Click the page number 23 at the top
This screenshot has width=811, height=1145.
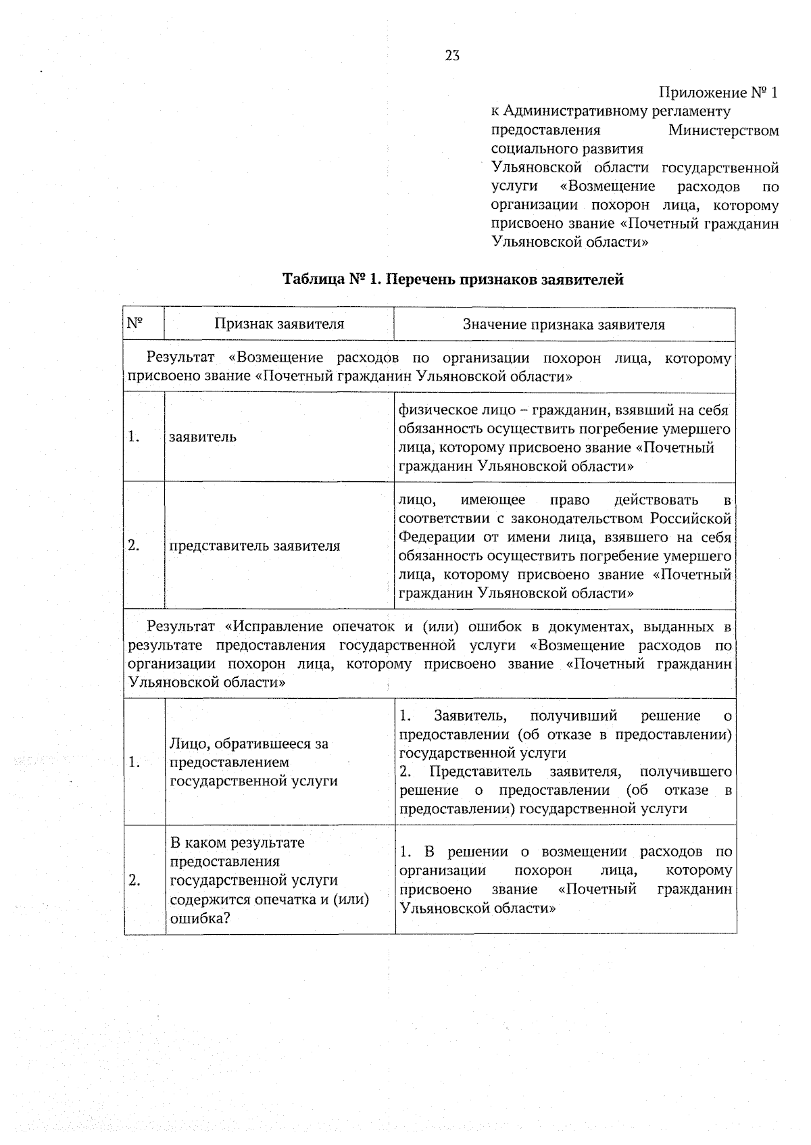(452, 56)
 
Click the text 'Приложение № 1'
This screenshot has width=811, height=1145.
(718, 93)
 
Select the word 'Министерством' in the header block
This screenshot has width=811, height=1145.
(723, 130)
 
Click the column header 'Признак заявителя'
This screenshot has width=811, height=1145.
(279, 324)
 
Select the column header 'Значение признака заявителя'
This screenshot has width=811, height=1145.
(564, 324)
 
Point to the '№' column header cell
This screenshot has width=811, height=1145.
(135, 323)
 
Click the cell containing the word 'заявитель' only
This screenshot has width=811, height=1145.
(203, 437)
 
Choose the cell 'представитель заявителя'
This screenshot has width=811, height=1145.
(254, 545)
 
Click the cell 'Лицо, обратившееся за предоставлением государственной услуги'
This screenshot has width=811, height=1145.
(253, 762)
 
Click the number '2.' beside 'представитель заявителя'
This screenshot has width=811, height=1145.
(134, 545)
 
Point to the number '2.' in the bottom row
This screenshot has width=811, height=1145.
(134, 880)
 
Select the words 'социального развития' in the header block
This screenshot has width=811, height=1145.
(566, 149)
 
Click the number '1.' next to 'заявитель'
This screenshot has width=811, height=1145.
(134, 437)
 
